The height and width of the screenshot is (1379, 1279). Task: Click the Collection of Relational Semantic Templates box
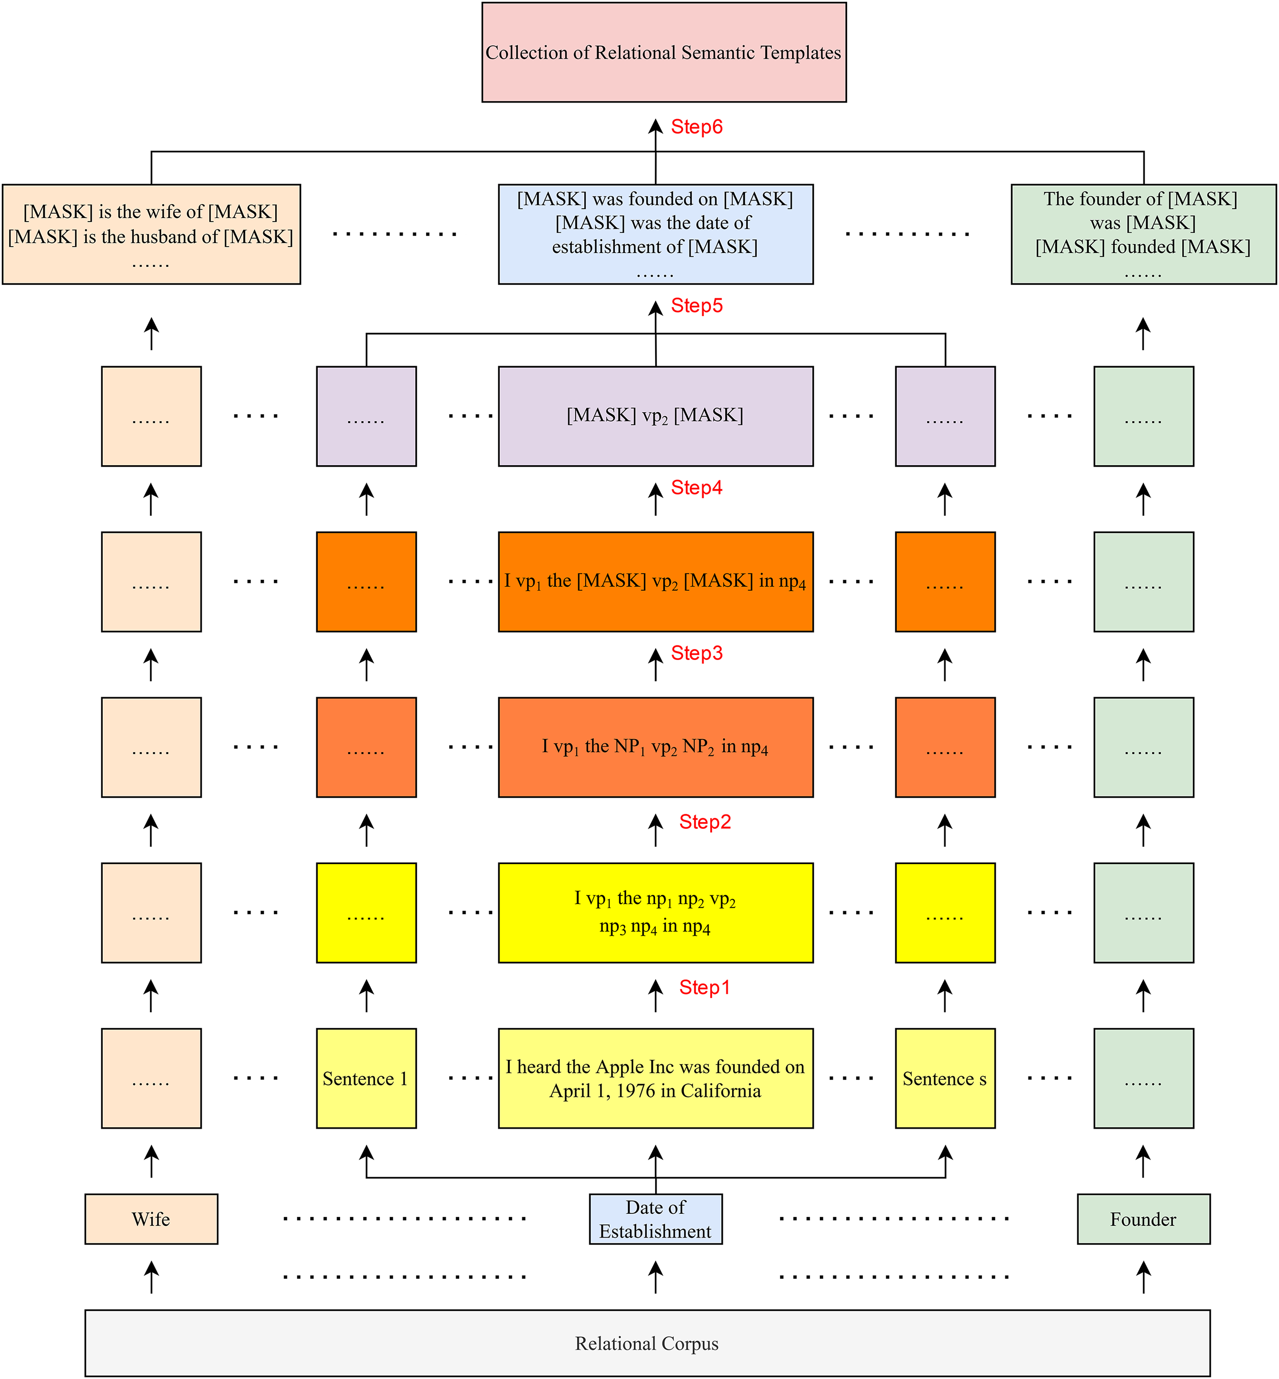[x=664, y=53]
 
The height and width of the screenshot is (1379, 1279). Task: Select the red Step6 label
[x=696, y=127]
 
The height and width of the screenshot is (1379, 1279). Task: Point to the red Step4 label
[x=696, y=488]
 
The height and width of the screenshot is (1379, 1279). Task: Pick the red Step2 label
[x=705, y=822]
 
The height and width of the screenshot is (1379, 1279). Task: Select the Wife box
[x=151, y=1219]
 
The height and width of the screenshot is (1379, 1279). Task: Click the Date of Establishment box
[x=656, y=1219]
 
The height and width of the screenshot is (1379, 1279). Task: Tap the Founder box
[x=1144, y=1219]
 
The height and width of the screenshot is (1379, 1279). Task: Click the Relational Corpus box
[x=647, y=1343]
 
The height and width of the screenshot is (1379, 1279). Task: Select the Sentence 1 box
[x=366, y=1078]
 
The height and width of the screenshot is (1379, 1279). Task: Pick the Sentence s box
[x=945, y=1078]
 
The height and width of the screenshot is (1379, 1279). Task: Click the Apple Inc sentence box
[x=656, y=1078]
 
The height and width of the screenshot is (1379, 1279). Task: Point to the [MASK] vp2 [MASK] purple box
[x=656, y=416]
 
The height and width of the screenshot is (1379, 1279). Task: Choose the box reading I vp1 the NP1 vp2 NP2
[x=656, y=747]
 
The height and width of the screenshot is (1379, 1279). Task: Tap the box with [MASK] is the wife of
[x=151, y=234]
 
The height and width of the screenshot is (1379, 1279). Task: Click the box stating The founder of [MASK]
[x=1144, y=234]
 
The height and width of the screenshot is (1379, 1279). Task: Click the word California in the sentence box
[x=721, y=1091]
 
